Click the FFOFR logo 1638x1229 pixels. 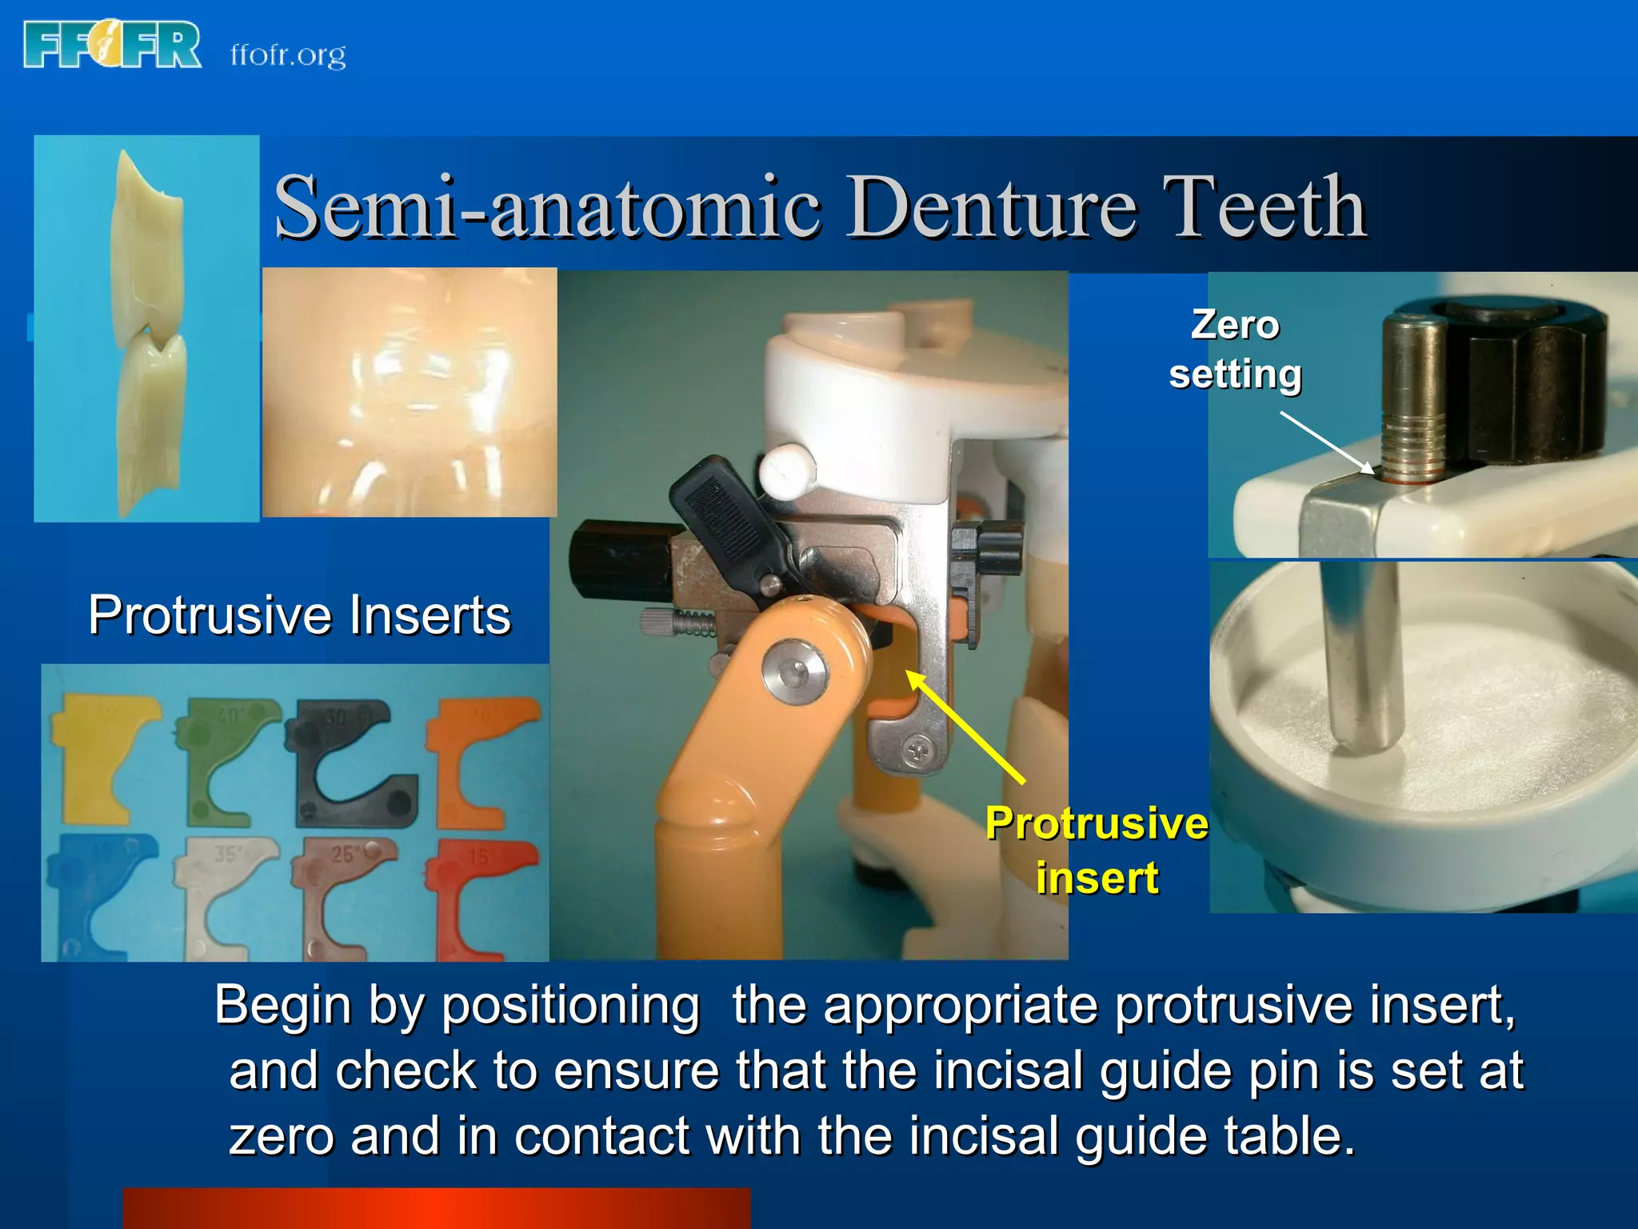point(112,45)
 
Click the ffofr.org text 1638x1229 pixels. point(288,54)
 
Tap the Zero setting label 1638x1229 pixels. point(1235,349)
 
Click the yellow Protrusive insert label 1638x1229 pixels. point(1097,850)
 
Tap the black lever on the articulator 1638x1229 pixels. point(724,520)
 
